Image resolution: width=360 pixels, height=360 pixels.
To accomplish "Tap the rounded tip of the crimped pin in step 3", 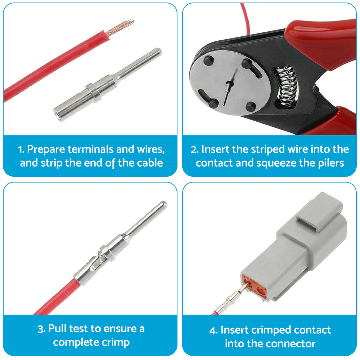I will coord(163,205).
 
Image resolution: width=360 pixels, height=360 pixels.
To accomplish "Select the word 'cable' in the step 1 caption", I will coord(149,163).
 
